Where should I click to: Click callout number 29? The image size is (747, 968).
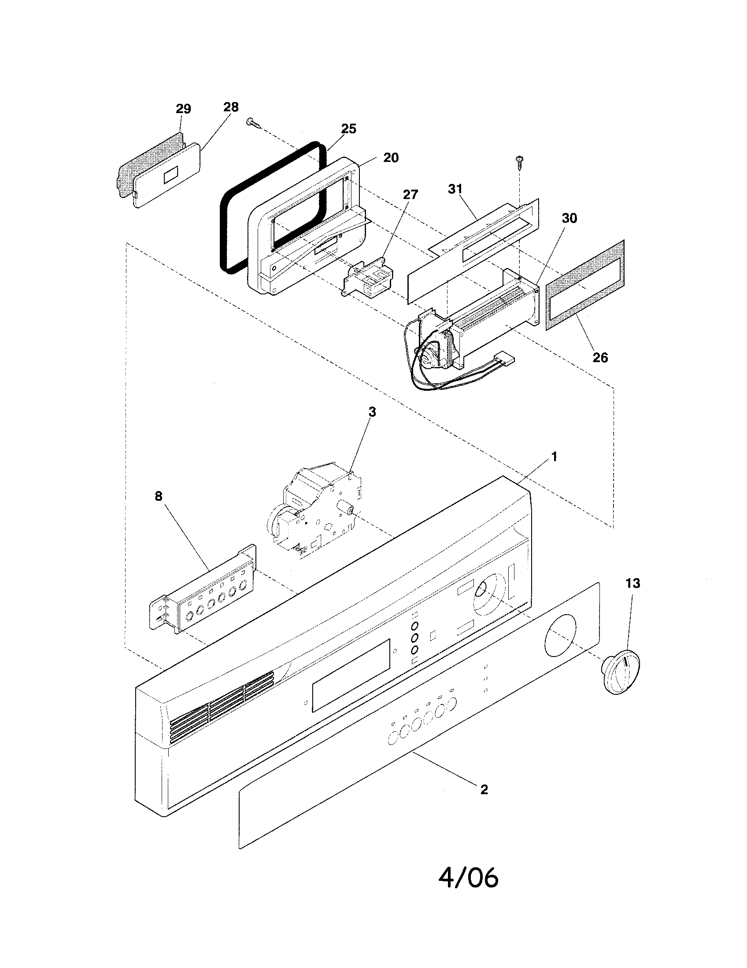coord(183,109)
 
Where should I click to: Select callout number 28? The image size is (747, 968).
coord(231,107)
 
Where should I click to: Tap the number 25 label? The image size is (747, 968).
coord(348,128)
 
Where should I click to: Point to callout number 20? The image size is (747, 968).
coord(391,158)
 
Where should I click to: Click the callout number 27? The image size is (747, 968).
coord(410,194)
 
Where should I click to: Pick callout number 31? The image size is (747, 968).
coord(455,188)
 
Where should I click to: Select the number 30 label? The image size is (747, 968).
coord(569,218)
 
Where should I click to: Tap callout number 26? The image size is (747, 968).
coord(600,357)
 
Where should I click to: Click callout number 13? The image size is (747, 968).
coord(633,583)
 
